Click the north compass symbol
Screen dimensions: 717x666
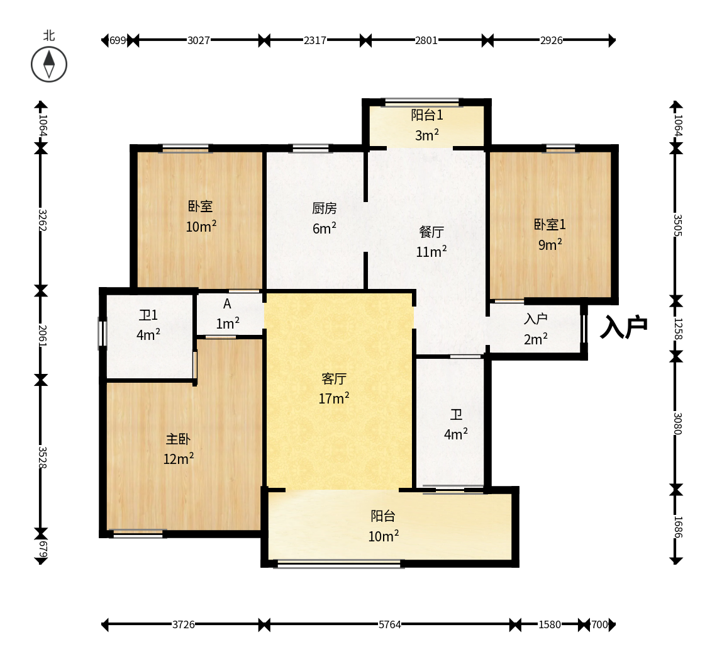49,64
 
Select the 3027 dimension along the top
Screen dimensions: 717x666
199,40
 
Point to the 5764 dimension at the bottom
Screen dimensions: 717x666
389,624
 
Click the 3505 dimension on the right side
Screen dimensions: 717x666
677,225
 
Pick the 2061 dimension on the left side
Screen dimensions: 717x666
42,336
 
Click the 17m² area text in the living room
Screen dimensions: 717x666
334,398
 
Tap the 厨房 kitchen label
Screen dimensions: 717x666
324,208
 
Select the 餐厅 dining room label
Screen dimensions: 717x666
431,232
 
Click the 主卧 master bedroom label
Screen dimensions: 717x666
178,439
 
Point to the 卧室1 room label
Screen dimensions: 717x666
550,224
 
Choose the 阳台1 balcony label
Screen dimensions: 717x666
427,115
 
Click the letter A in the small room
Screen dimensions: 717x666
227,304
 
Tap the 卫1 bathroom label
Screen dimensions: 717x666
148,315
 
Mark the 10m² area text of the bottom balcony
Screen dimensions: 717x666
384,536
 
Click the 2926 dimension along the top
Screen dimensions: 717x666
552,40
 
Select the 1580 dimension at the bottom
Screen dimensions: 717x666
550,624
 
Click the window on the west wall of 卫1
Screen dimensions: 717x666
103,333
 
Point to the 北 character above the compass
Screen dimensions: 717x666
49,35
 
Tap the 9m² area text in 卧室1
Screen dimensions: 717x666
550,244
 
